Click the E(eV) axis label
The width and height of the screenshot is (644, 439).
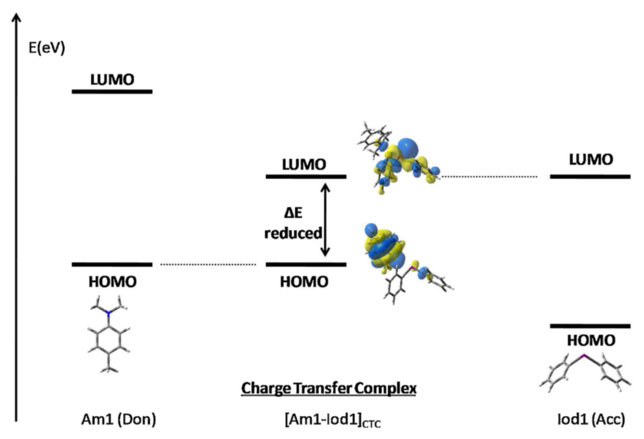(47, 48)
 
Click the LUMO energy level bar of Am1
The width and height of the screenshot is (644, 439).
(112, 92)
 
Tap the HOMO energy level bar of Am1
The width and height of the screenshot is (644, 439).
(112, 264)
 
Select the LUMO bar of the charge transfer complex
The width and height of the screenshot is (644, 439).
(306, 176)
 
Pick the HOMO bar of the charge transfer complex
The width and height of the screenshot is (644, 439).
(306, 264)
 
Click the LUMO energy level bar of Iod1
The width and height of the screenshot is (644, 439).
(590, 176)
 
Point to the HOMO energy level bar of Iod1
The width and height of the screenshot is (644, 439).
(590, 326)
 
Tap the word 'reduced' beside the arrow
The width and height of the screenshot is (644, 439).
(293, 233)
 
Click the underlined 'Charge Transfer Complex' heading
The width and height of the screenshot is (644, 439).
(329, 388)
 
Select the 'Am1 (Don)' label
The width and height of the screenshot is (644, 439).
(118, 419)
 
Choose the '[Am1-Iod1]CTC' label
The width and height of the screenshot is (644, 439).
(333, 420)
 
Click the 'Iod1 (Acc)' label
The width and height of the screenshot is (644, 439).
(591, 419)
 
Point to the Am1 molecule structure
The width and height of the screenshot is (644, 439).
(109, 335)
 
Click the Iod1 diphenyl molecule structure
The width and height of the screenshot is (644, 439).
(585, 373)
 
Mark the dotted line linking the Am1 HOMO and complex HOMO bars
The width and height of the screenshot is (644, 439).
(208, 264)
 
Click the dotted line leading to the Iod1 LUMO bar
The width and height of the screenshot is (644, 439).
(489, 177)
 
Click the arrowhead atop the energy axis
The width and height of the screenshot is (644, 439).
(17, 17)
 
